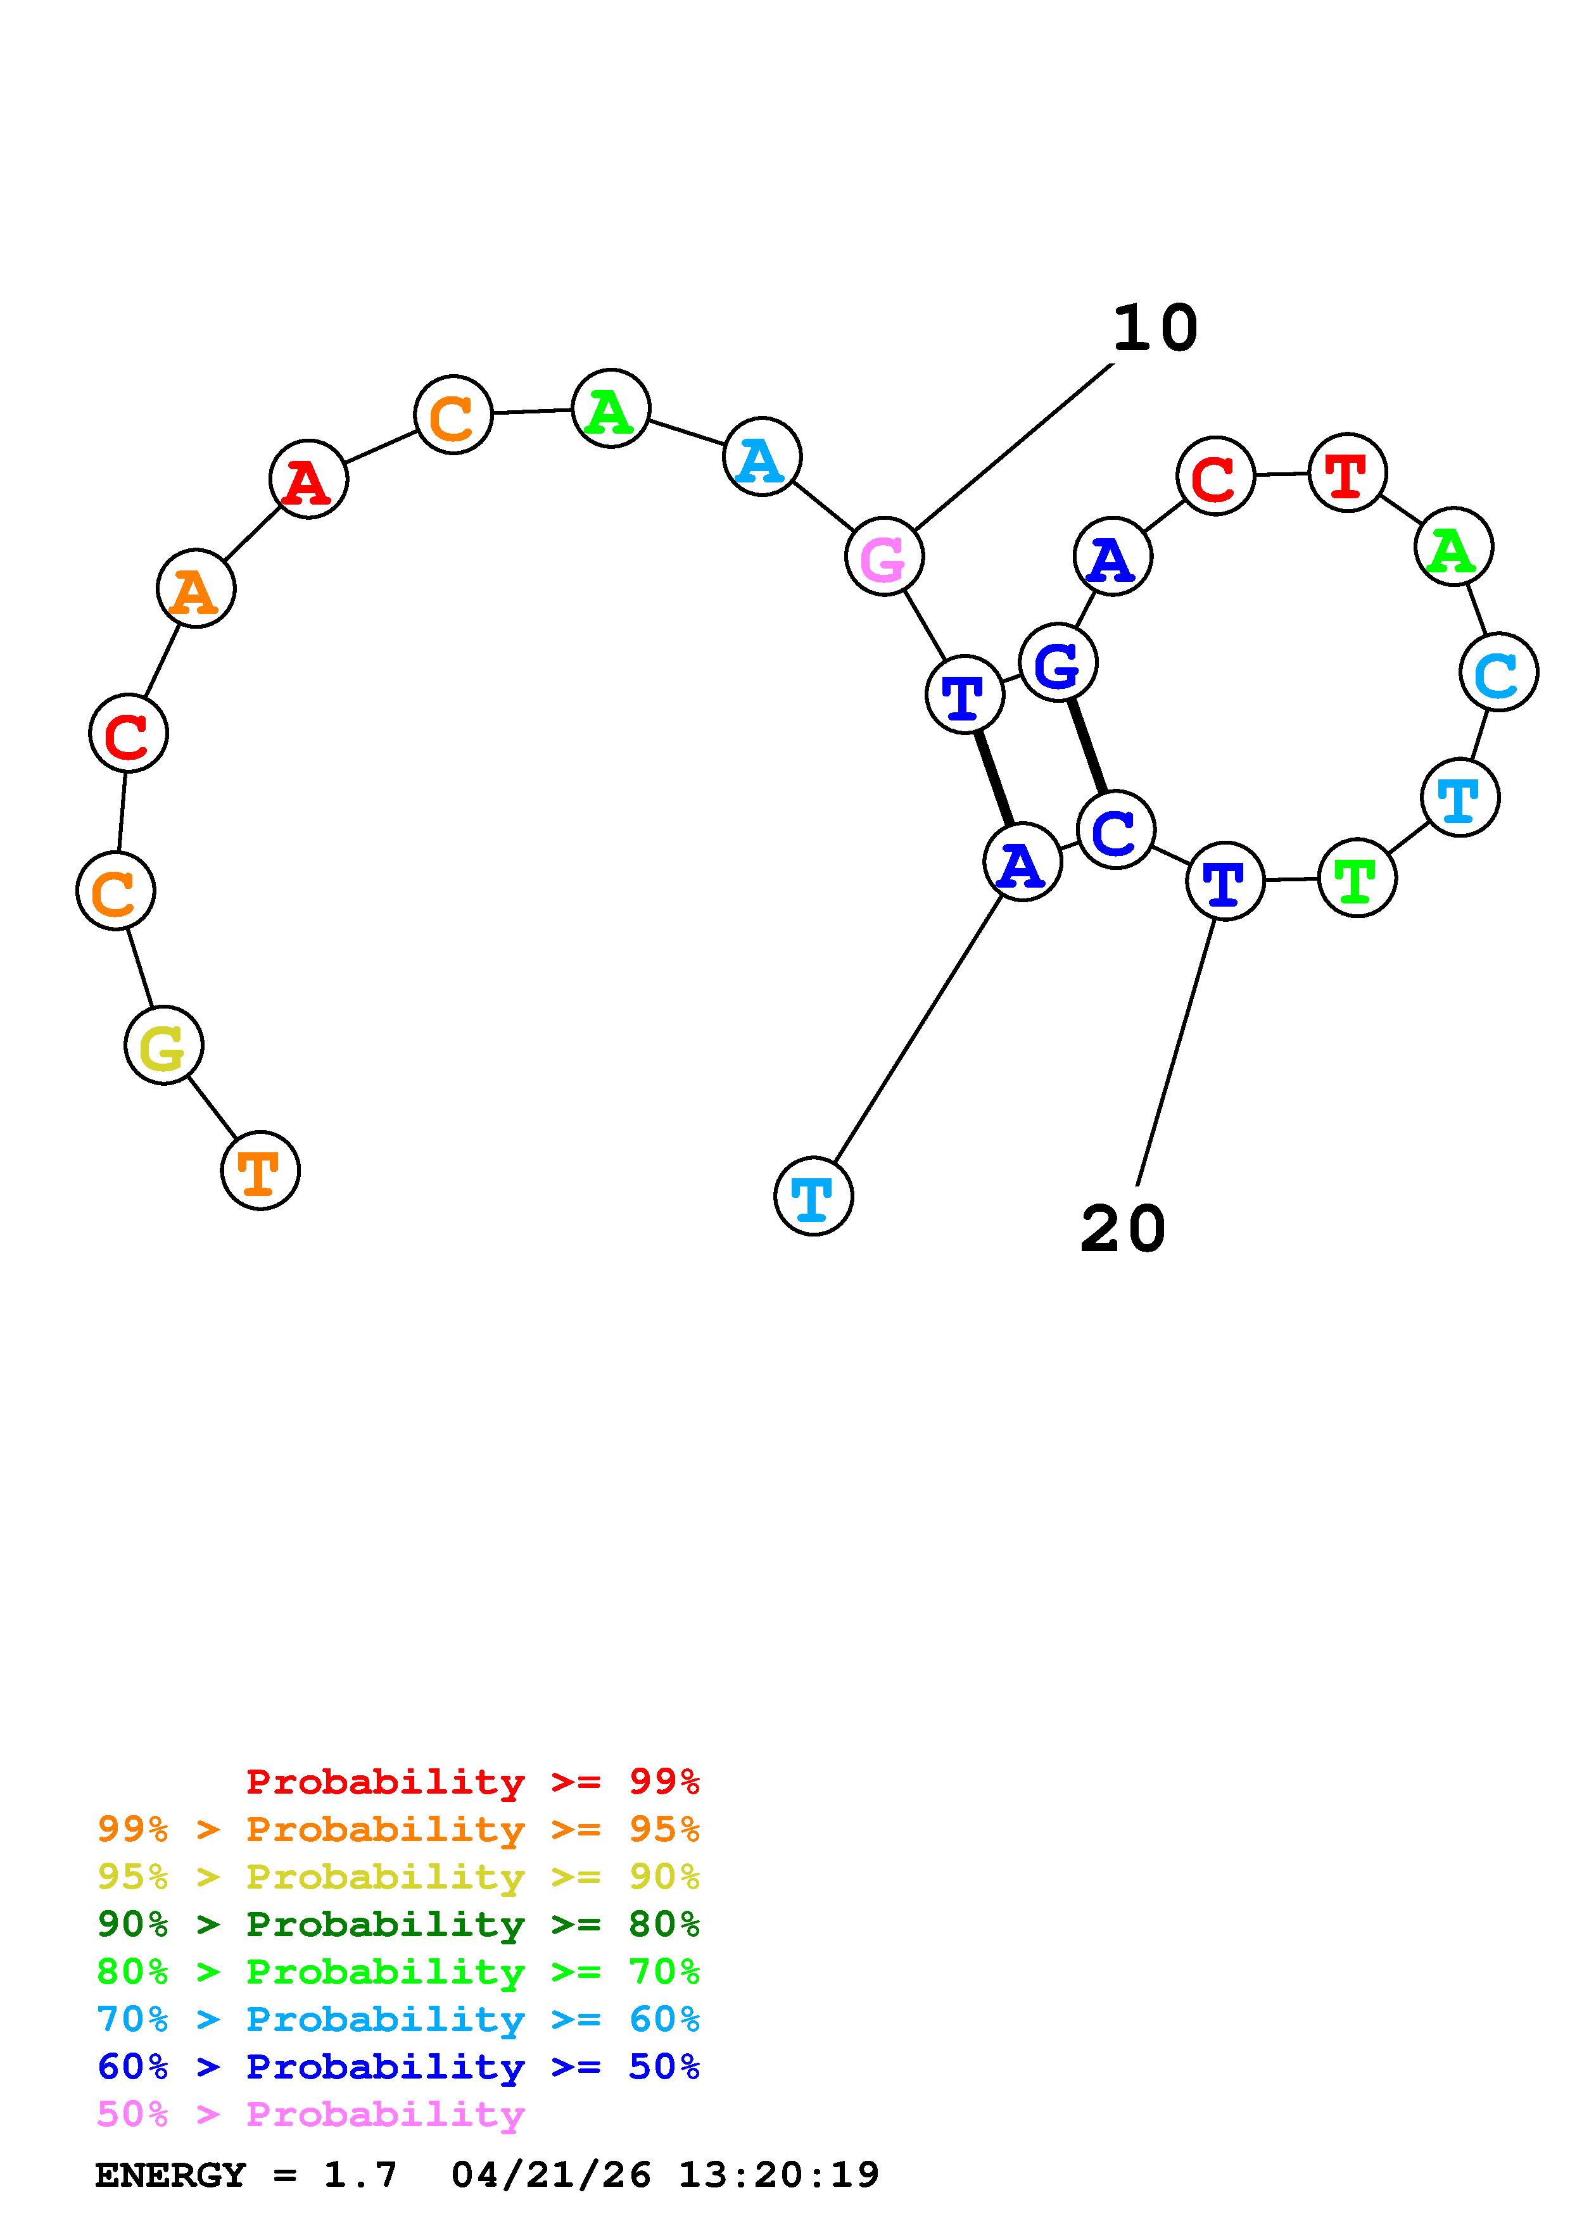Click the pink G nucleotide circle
(x=883, y=557)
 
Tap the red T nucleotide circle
(x=1346, y=473)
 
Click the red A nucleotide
(x=308, y=480)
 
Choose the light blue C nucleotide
(x=1497, y=672)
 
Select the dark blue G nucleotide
(x=1057, y=664)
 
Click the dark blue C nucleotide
(x=1115, y=830)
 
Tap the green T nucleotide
(x=1356, y=878)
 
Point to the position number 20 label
(x=1122, y=1228)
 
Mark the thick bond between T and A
(x=994, y=777)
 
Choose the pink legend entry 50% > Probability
(x=310, y=2113)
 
